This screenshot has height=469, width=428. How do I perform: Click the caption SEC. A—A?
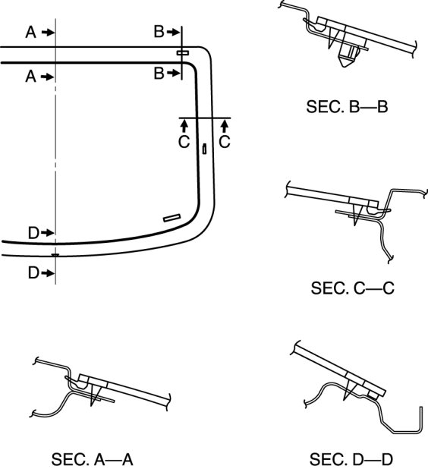pyautogui.click(x=92, y=459)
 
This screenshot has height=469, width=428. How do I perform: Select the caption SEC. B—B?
pyautogui.click(x=347, y=106)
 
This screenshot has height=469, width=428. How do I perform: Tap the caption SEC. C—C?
pyautogui.click(x=353, y=288)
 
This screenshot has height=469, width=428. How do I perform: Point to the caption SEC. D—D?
pyautogui.click(x=351, y=459)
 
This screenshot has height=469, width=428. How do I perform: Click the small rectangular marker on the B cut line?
pyautogui.click(x=182, y=53)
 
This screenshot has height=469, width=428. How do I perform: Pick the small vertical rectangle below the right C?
pyautogui.click(x=204, y=149)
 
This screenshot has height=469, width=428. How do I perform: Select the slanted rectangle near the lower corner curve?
pyautogui.click(x=172, y=218)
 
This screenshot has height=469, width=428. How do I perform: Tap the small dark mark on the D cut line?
pyautogui.click(x=55, y=255)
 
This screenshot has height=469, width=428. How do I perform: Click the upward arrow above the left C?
pyautogui.click(x=184, y=126)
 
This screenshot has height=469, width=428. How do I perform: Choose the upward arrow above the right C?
pyautogui.click(x=225, y=126)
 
